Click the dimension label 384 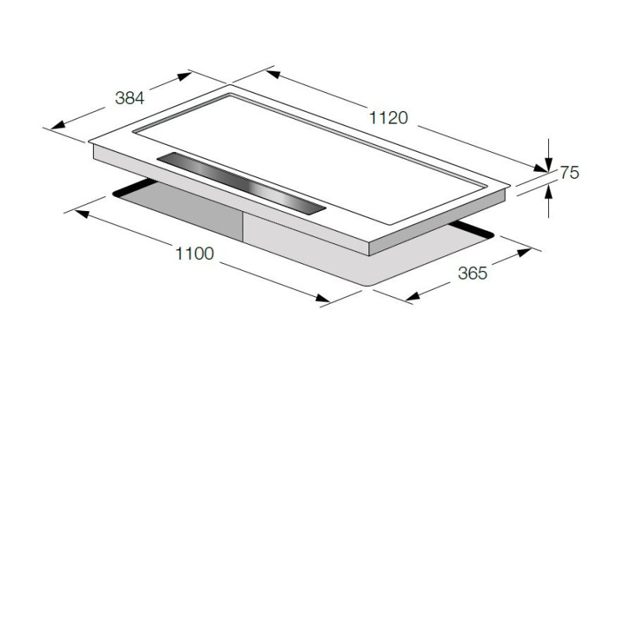(129, 98)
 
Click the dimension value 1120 (388, 117)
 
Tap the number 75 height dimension (569, 172)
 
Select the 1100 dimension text (195, 254)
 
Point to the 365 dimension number (472, 273)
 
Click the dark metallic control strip (241, 184)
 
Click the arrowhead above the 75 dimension (548, 165)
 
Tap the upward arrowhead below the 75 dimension (548, 194)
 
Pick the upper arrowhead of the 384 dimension (184, 76)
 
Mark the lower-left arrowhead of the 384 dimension (57, 124)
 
